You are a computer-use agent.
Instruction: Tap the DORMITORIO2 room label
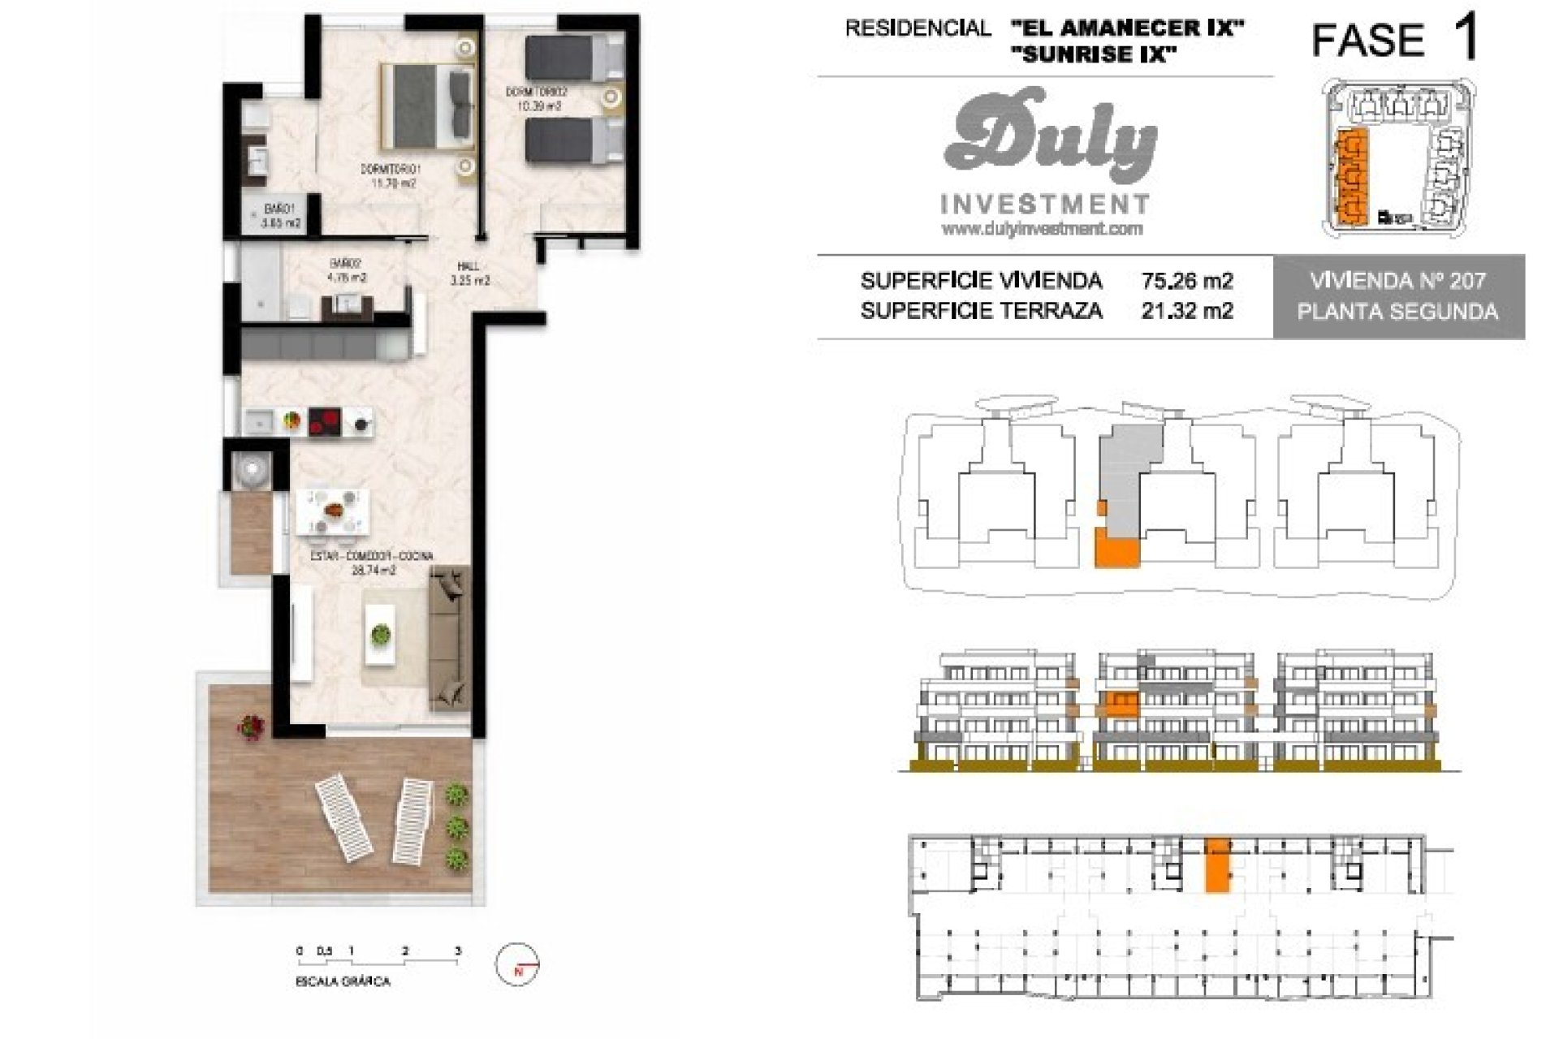coord(536,93)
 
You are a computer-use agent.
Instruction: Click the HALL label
coord(469,266)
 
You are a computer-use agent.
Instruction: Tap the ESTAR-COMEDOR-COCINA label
coord(372,557)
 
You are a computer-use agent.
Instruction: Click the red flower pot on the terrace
coord(251,726)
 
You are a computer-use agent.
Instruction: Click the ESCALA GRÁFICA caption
coord(343,982)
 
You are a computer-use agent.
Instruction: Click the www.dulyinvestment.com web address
coord(1042,230)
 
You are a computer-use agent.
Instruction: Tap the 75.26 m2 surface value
coord(1186,281)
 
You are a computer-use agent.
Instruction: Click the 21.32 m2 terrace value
coord(1186,310)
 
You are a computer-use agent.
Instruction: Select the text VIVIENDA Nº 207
coord(1397,281)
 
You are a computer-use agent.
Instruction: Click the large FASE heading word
coord(1368,39)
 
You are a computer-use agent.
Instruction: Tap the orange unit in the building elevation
coord(1121,703)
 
